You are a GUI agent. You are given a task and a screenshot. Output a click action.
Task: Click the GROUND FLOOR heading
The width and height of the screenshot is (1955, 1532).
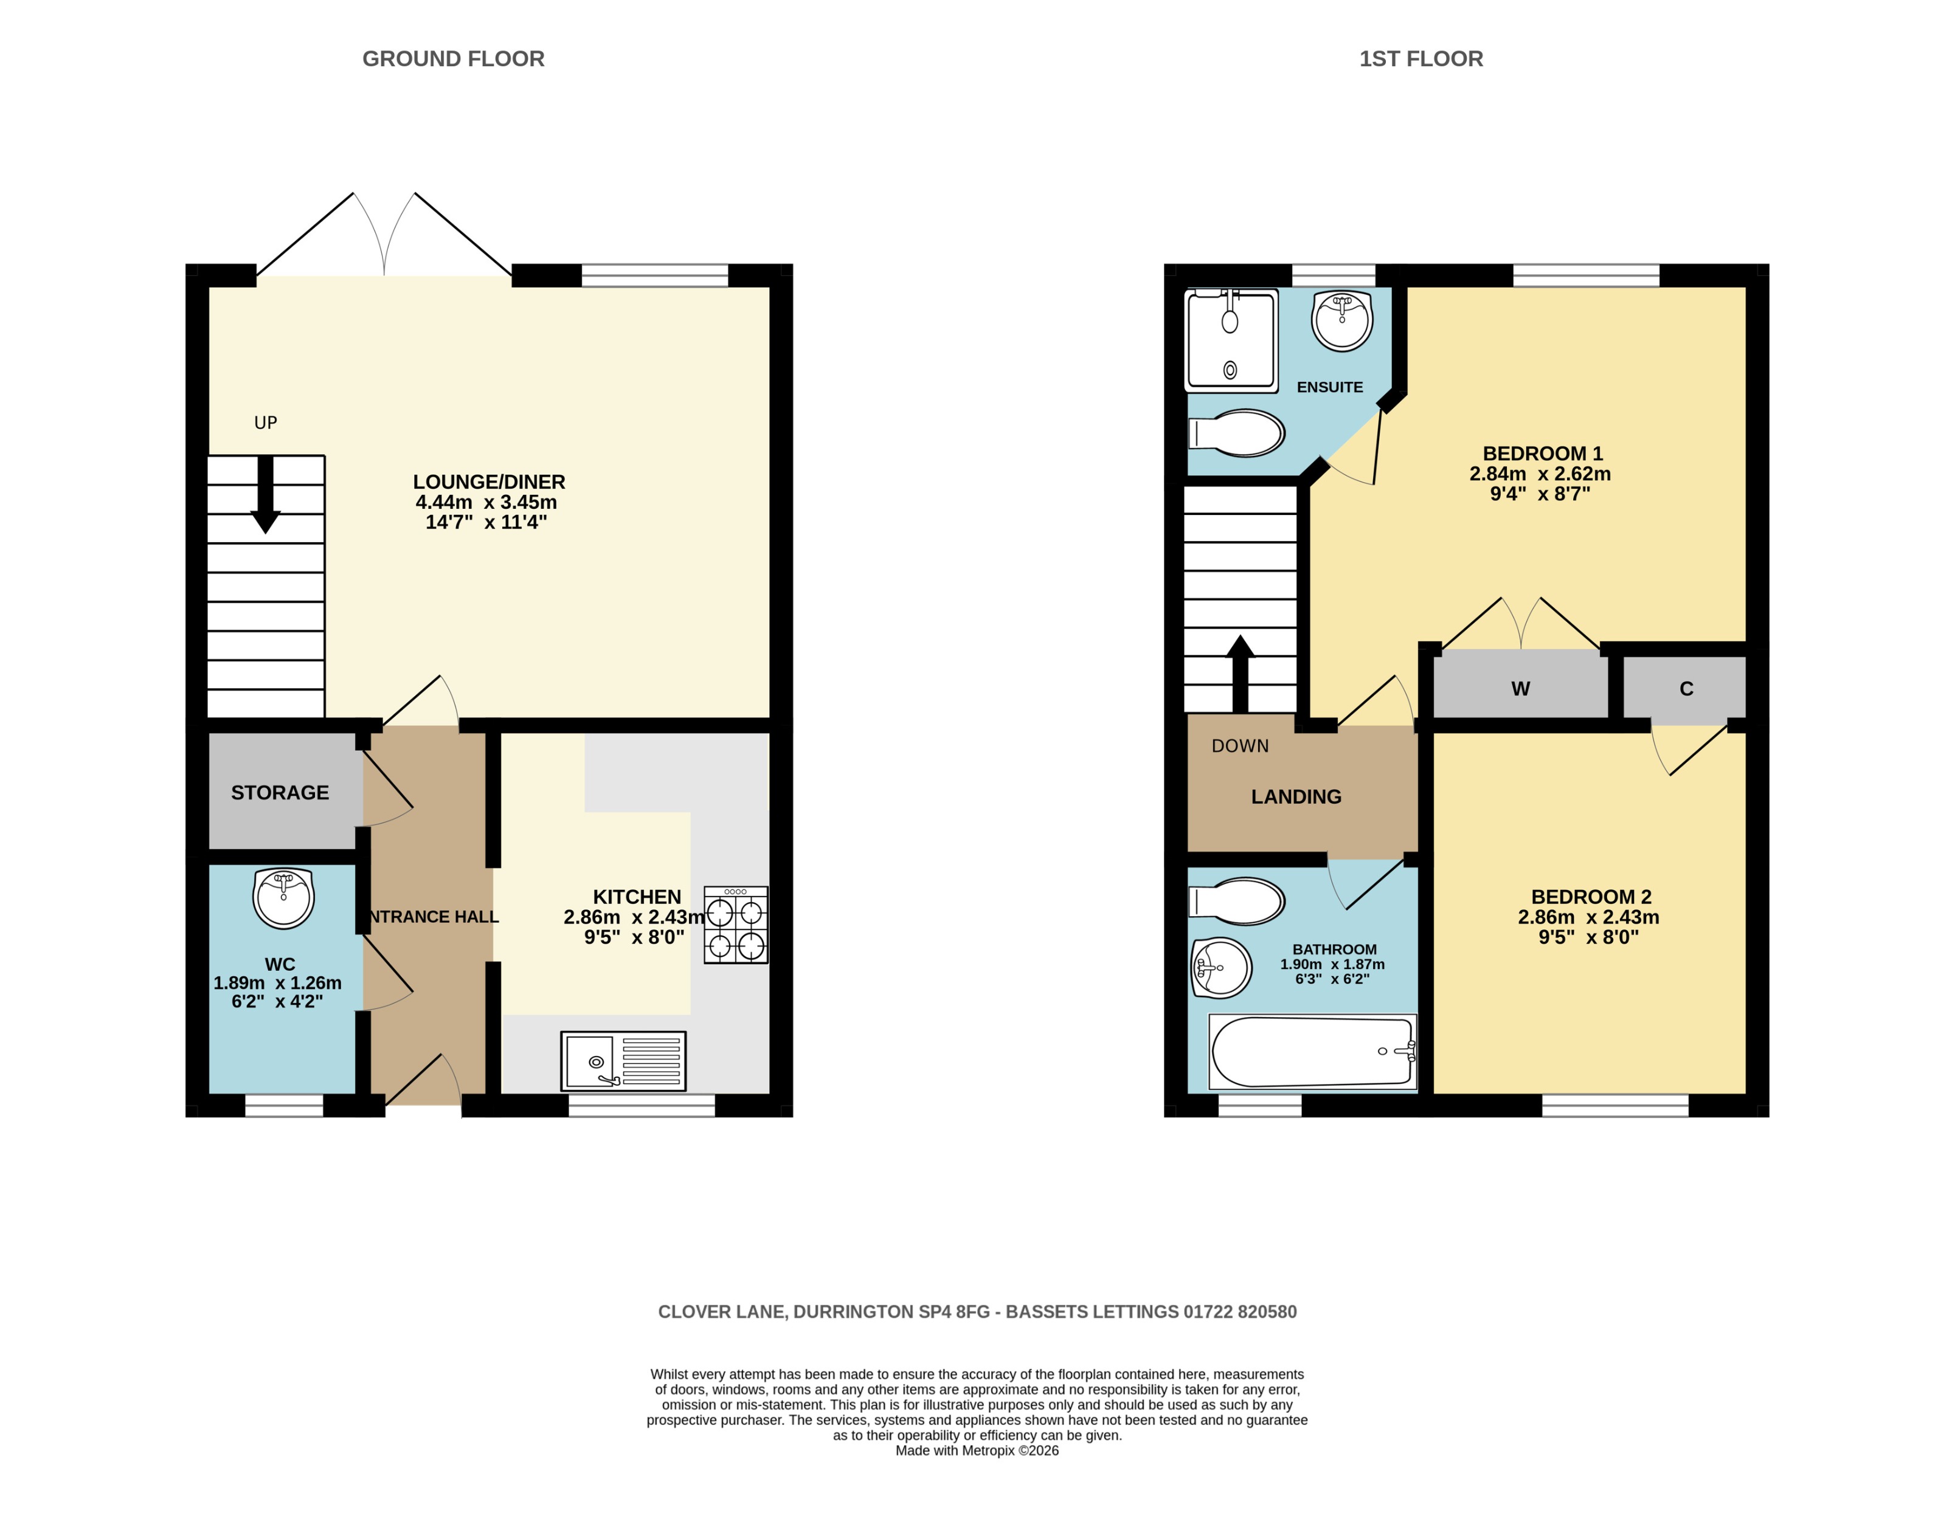453,59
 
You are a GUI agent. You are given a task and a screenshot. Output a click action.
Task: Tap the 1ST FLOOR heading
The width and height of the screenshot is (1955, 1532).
1420,59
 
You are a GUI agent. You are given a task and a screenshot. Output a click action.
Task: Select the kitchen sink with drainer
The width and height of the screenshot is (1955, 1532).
623,1061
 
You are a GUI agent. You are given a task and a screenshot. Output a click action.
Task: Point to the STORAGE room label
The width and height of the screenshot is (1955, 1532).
280,793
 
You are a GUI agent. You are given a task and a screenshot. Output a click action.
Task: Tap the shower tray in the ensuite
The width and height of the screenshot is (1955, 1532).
1231,341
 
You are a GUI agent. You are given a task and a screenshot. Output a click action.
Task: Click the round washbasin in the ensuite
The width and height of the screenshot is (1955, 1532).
1341,319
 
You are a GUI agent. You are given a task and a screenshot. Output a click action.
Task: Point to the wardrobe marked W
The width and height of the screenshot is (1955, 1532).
1520,689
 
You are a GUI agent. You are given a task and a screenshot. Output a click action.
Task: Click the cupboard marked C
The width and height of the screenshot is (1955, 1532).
1686,689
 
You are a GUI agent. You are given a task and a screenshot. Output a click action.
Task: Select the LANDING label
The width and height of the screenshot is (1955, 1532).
1296,796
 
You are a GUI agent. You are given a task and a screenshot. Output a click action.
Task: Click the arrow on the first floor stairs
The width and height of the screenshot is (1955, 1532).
1240,673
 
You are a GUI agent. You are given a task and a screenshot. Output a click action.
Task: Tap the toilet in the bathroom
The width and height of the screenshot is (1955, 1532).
1237,900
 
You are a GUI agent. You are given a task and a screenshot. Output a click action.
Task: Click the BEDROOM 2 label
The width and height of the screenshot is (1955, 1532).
1591,897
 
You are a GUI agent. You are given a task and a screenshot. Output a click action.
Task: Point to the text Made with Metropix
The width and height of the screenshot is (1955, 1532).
976,1451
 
